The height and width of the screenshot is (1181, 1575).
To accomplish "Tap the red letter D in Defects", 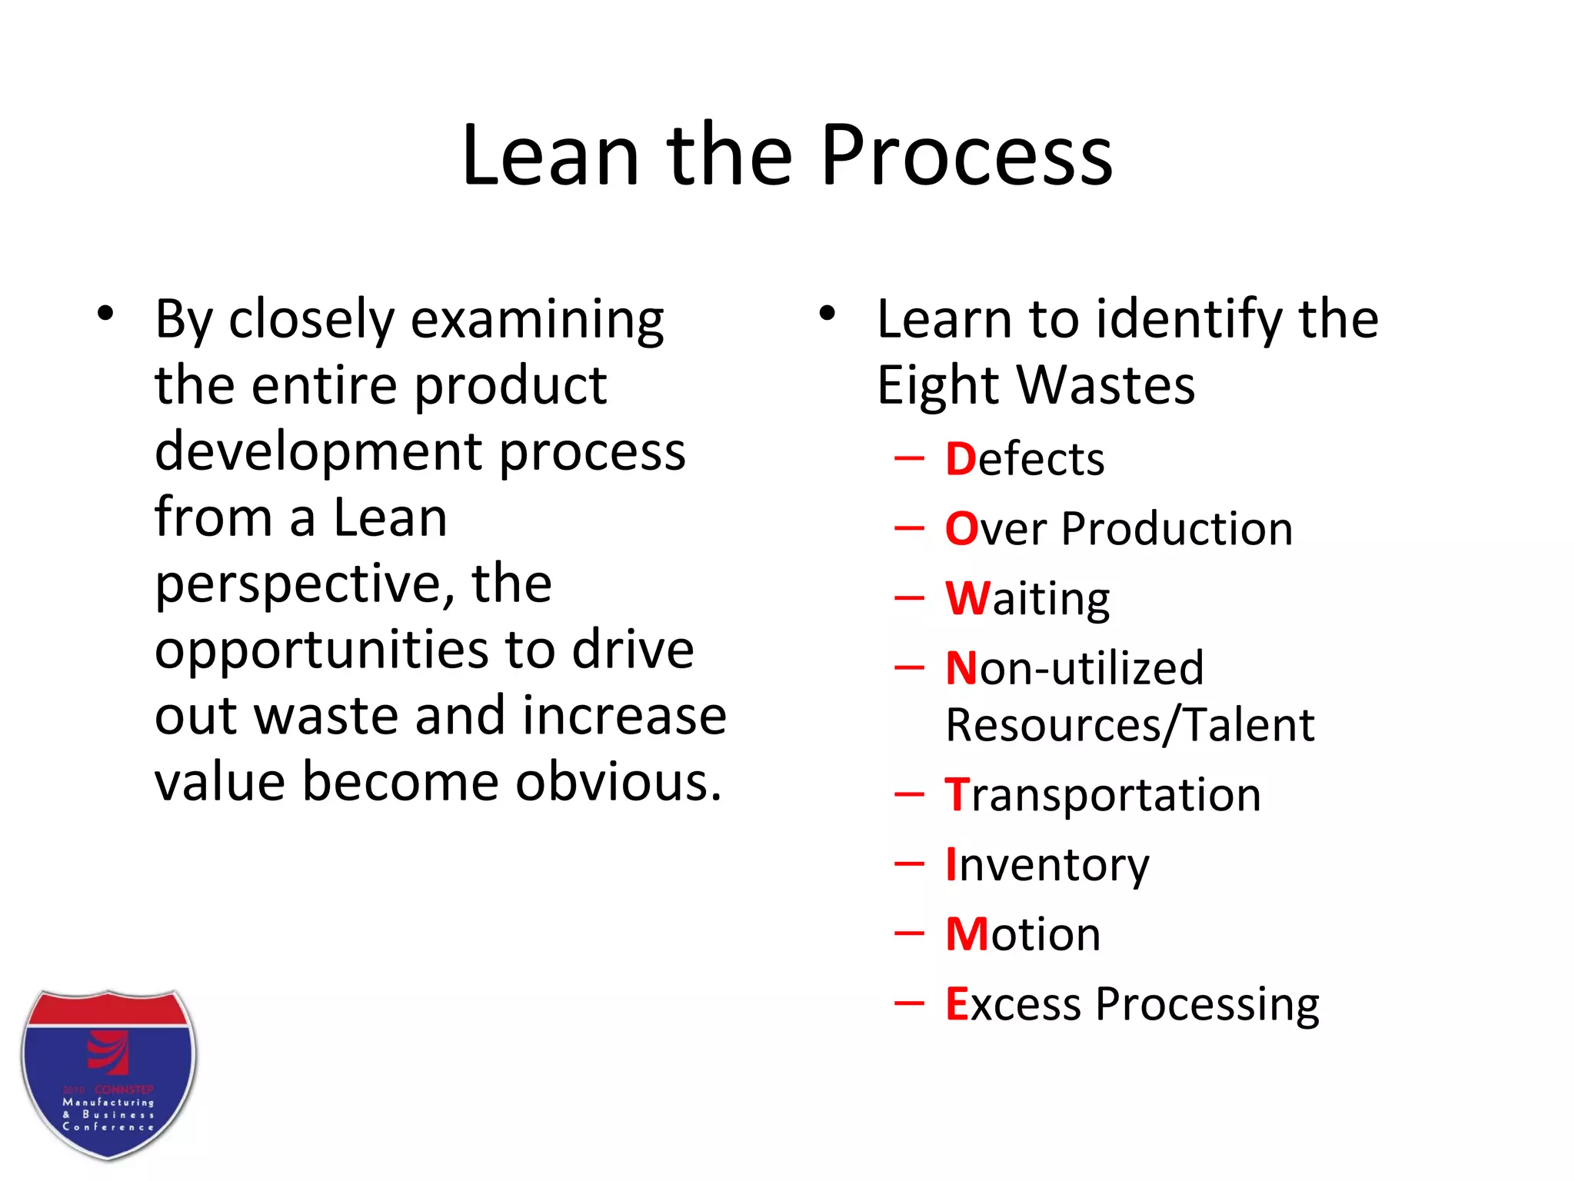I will coord(961,459).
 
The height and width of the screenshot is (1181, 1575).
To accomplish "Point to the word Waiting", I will coord(1027,599).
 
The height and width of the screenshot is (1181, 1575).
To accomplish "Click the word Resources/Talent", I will coord(1130,725).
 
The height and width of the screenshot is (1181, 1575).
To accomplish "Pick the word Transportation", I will coord(1103,795).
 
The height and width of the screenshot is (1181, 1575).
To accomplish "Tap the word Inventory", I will coord(1047,865).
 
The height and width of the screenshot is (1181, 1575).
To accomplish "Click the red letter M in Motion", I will coord(966,934).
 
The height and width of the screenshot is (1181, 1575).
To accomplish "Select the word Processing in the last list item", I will coord(1207,1004).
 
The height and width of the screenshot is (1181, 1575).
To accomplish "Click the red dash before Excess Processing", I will coord(909,1003).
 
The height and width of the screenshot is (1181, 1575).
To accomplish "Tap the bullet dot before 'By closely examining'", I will coord(105,314).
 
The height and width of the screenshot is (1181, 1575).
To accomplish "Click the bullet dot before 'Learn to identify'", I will coord(827,314).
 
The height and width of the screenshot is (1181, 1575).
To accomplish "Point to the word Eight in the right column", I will coord(936,386).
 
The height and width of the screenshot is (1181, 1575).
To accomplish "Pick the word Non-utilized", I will coord(1074,668).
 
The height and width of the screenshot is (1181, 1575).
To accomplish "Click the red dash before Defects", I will coord(909,459).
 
